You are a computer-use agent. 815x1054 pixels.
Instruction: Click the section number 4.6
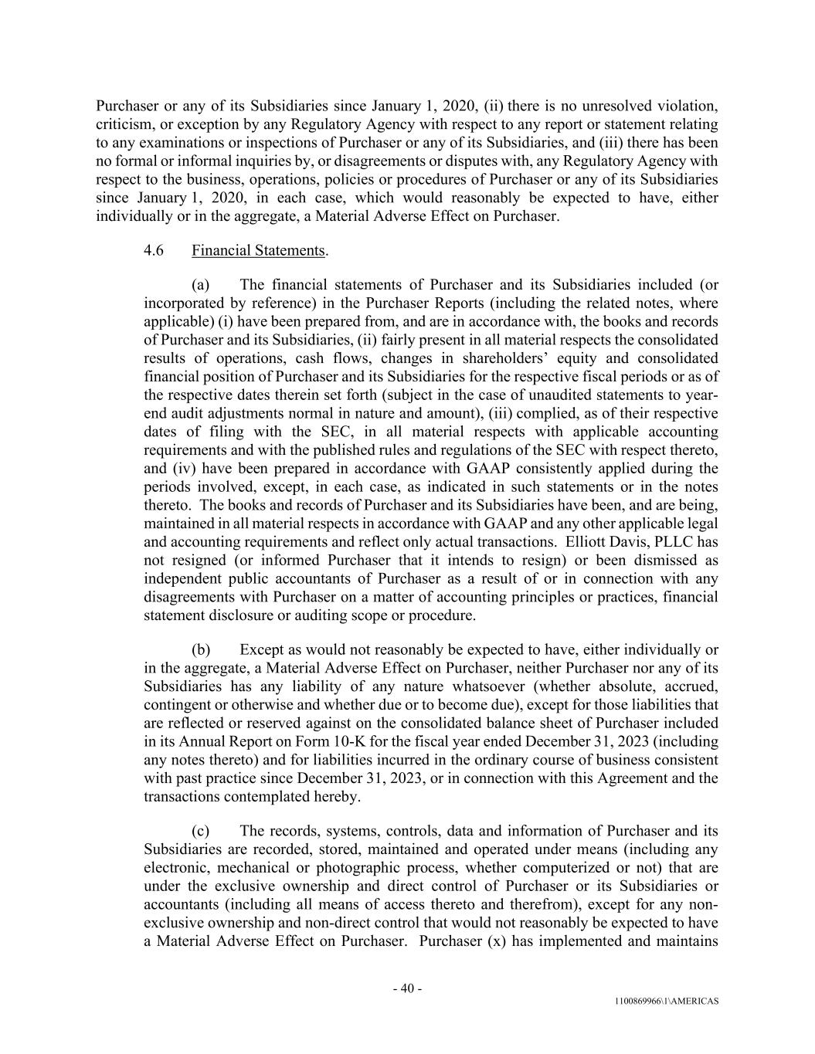tap(154, 250)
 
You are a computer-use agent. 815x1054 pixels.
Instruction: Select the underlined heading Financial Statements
tap(258, 250)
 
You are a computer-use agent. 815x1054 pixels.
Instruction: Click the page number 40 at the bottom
tap(407, 988)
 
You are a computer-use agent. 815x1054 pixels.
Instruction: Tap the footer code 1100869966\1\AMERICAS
tap(667, 1001)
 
